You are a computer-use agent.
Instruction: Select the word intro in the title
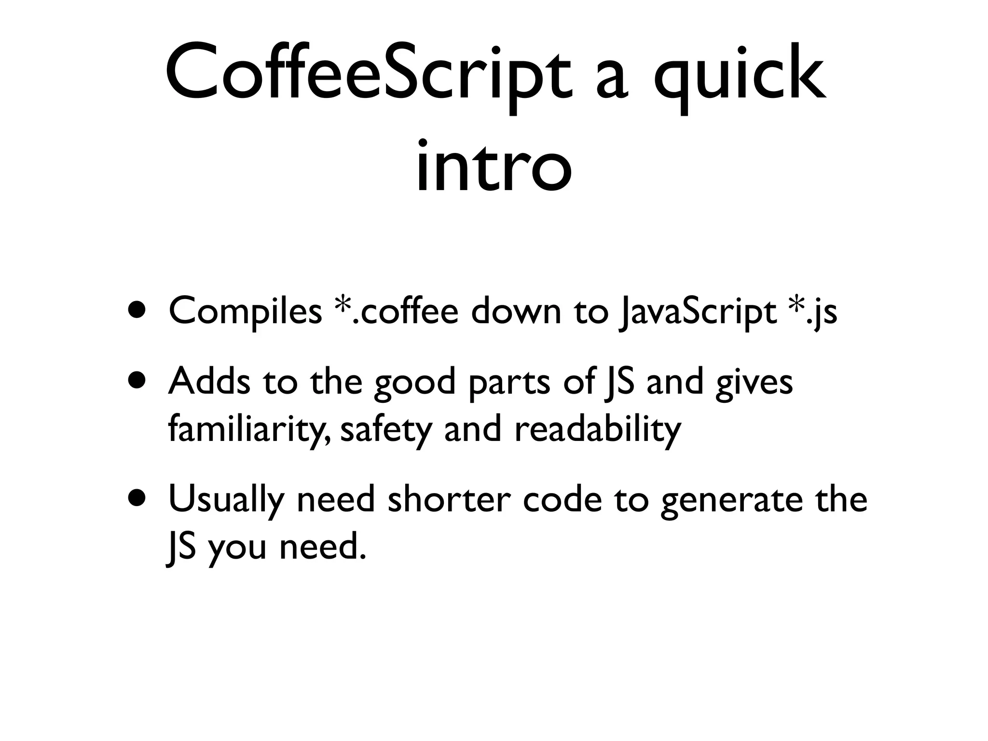click(x=494, y=166)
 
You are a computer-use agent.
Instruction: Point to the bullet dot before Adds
click(x=138, y=381)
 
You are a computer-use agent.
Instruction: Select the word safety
click(x=385, y=429)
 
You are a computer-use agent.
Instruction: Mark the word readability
click(x=598, y=429)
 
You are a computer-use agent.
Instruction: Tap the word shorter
click(x=449, y=499)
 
